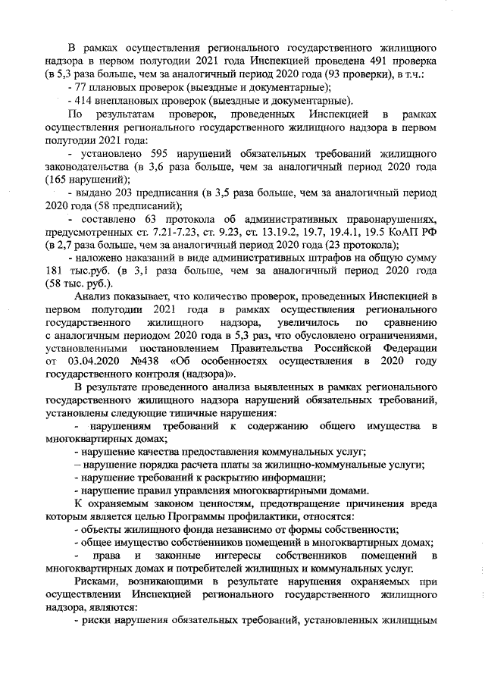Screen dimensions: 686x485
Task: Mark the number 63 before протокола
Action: tap(145, 218)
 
